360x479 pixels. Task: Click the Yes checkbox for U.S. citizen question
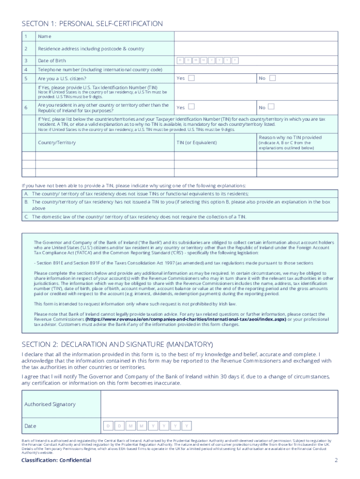pyautogui.click(x=192, y=78)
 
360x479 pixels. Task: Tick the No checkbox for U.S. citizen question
pyautogui.click(x=273, y=78)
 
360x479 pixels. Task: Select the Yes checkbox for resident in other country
pyautogui.click(x=192, y=107)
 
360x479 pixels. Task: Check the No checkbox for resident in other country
pyautogui.click(x=273, y=107)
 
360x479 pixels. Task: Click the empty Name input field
pyautogui.click(x=256, y=36)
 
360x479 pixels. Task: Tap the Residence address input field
pyautogui.click(x=256, y=49)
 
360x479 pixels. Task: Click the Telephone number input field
pyautogui.click(x=256, y=70)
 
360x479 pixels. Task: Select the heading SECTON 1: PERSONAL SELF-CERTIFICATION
pyautogui.click(x=92, y=23)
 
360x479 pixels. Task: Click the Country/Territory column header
pyautogui.click(x=57, y=142)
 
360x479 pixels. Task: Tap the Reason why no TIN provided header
pyautogui.click(x=290, y=138)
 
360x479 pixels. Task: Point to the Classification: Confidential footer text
pyautogui.click(x=56, y=460)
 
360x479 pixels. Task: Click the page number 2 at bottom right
pyautogui.click(x=336, y=460)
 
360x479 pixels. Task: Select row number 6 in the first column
pyautogui.click(x=25, y=108)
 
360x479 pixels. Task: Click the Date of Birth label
pyautogui.click(x=52, y=61)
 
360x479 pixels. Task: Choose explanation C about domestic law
pyautogui.click(x=138, y=217)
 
